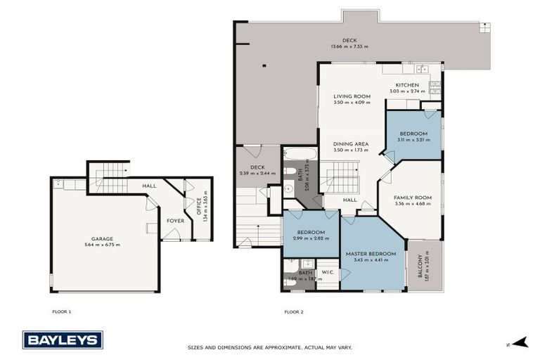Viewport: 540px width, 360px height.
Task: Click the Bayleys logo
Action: click(63, 340)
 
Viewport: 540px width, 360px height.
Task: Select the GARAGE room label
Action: click(102, 239)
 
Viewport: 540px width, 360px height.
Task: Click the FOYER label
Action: click(175, 220)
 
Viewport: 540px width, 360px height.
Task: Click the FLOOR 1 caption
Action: click(62, 311)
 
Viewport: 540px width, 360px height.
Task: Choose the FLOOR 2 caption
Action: click(293, 311)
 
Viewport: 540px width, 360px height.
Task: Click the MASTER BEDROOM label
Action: click(371, 253)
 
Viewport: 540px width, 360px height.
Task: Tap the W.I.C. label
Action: click(327, 272)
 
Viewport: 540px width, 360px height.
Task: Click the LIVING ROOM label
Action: click(352, 96)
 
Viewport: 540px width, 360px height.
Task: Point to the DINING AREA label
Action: click(351, 143)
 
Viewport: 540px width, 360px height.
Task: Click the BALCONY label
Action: click(420, 266)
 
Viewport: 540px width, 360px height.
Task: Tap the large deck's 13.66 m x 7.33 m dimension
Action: click(349, 46)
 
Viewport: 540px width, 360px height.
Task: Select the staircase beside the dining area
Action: click(342, 176)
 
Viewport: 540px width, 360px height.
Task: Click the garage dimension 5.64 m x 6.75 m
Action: click(102, 245)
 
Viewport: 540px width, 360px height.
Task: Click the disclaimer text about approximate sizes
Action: click(269, 347)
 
